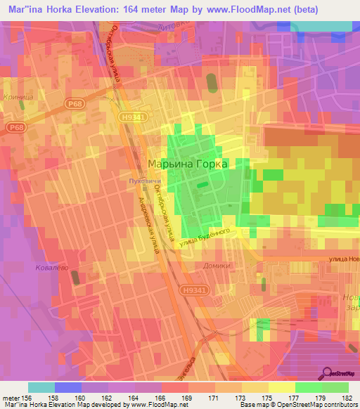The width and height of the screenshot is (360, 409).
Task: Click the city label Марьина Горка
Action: pos(188,164)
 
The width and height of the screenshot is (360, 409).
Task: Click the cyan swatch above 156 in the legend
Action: pos(41,387)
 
